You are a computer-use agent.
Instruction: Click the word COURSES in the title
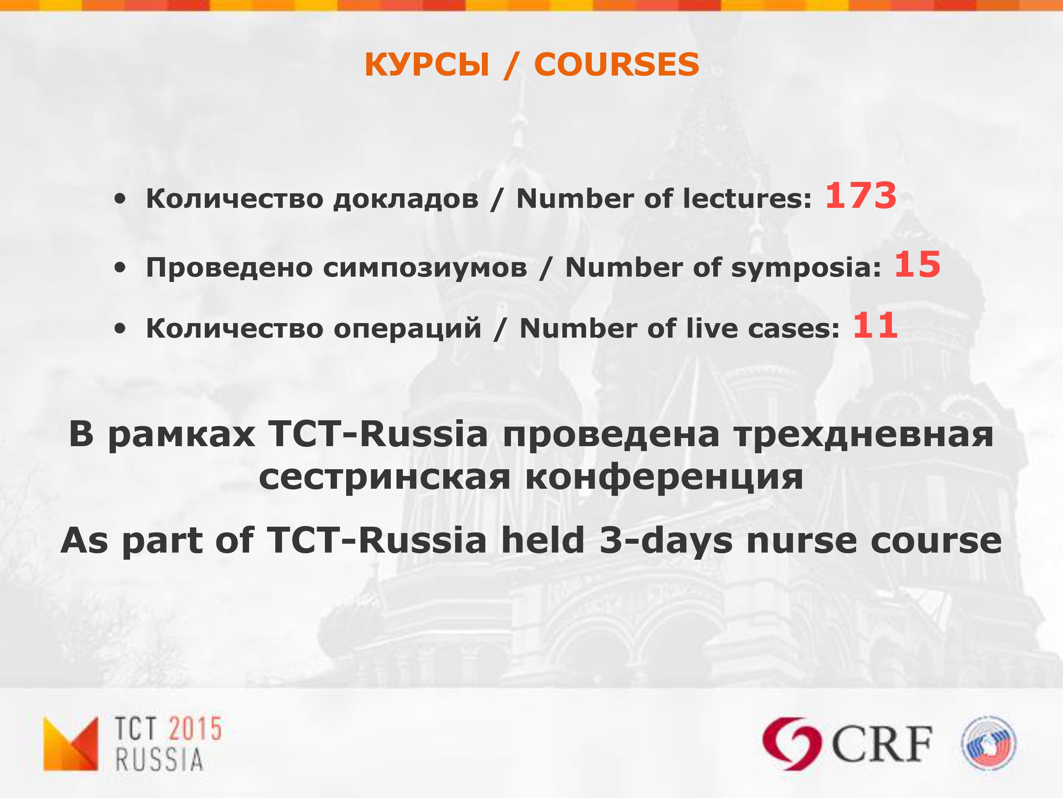pyautogui.click(x=616, y=65)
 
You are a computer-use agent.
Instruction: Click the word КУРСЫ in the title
pyautogui.click(x=427, y=65)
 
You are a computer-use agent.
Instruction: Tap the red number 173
pyautogui.click(x=861, y=196)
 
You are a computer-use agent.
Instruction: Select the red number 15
pyautogui.click(x=917, y=265)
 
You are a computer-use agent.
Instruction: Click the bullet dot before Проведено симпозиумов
pyautogui.click(x=120, y=268)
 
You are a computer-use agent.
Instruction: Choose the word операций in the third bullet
pyautogui.click(x=407, y=329)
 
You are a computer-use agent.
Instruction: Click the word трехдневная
pyautogui.click(x=863, y=435)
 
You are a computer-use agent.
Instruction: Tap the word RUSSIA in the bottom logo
pyautogui.click(x=159, y=760)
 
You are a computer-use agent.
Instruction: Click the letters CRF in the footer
pyautogui.click(x=882, y=744)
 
